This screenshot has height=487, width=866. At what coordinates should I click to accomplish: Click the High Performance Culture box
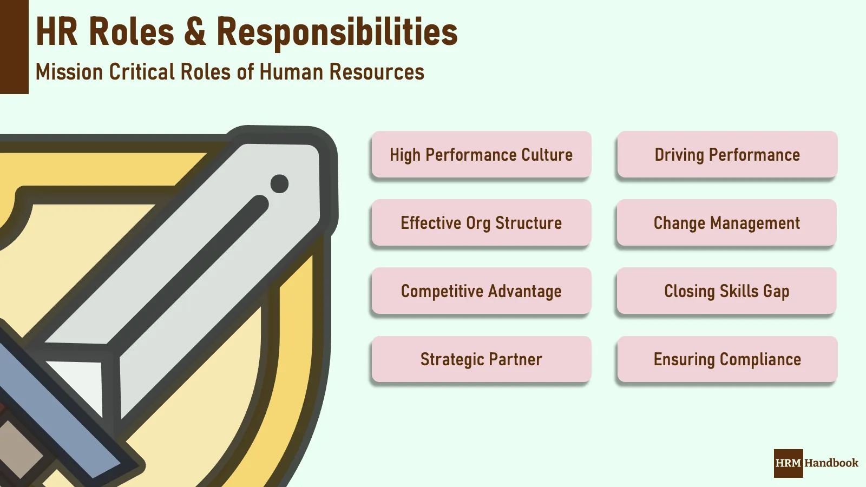481,155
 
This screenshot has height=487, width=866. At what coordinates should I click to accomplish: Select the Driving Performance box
727,155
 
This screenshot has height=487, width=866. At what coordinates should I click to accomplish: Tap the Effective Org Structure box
481,223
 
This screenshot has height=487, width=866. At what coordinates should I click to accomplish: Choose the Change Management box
727,223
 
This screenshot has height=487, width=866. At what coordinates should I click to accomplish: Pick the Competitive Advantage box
481,291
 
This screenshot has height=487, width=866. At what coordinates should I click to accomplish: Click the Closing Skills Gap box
727,291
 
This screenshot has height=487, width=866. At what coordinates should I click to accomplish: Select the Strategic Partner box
481,359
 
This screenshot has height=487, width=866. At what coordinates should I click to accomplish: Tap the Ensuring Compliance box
727,359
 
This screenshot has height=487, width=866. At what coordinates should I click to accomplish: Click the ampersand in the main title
195,31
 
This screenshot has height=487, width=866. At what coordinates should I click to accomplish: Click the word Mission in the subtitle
69,72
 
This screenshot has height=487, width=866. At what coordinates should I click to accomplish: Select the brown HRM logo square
788,463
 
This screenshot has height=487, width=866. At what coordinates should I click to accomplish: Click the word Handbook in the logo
831,463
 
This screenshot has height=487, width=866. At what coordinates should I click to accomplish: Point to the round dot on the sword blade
279,183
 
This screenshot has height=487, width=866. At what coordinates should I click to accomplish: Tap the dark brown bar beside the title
14,47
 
